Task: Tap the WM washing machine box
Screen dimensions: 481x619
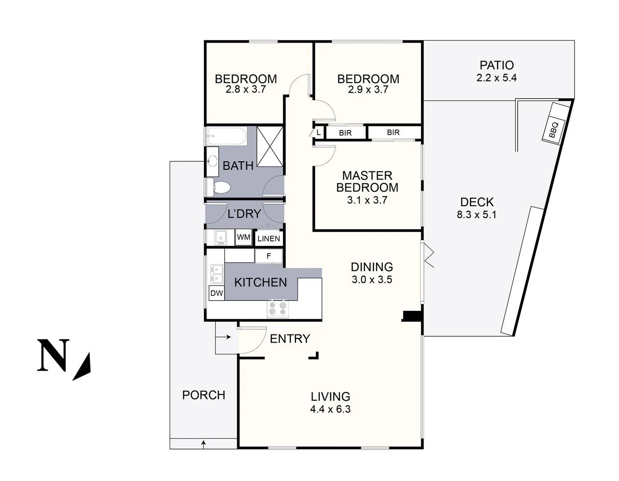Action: point(243,237)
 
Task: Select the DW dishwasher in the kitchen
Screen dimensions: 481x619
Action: point(217,293)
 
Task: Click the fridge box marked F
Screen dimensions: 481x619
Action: point(269,256)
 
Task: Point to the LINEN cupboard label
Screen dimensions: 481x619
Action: point(269,239)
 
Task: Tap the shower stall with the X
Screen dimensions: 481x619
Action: point(270,147)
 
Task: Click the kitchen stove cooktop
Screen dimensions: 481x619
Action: point(278,309)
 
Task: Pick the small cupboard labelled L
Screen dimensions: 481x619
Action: point(318,133)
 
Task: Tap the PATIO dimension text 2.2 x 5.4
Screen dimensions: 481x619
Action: point(497,78)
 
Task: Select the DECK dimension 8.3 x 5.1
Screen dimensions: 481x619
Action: point(477,215)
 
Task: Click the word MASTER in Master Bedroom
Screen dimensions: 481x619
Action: point(367,175)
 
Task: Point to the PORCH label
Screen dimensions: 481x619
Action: point(204,395)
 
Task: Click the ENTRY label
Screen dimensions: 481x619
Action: point(290,339)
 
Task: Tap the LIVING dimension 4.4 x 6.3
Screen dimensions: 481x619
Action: point(330,409)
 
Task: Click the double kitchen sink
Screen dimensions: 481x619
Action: point(217,274)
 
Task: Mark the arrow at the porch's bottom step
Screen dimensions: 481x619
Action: point(204,444)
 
